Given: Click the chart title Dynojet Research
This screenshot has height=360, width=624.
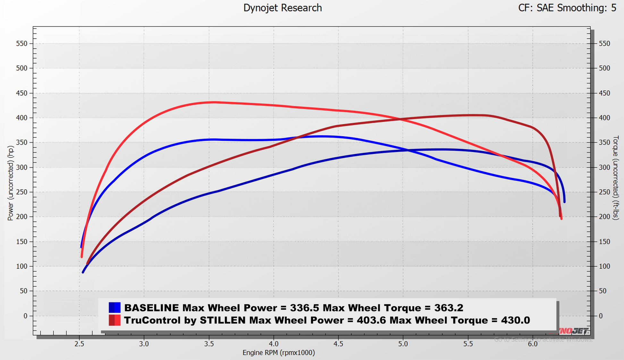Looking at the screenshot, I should coord(282,8).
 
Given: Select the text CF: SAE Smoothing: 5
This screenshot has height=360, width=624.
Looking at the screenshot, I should coord(567,8).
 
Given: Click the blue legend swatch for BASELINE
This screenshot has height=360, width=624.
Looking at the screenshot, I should coord(114,308).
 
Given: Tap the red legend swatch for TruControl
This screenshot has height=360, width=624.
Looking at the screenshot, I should coord(114,320).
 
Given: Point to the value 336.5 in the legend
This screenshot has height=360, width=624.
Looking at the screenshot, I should coord(305,308).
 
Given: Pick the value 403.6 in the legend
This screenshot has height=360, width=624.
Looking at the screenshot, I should coord(371,320).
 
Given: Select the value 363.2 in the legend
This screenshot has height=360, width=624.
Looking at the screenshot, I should coord(449,308).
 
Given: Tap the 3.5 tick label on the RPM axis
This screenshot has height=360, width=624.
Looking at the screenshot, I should coord(209,344).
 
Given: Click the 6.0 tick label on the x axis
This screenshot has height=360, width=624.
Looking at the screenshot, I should coord(533,344).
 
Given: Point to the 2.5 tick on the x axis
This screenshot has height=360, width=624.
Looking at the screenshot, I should coord(79,344).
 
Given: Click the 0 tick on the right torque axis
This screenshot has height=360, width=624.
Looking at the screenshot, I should coord(601,316).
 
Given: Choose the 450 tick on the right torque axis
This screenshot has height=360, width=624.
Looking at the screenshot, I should coord(604,93).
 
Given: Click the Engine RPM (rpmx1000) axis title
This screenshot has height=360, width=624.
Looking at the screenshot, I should coord(279,353).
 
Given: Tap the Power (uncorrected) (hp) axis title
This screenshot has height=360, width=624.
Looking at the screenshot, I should coord(10,183).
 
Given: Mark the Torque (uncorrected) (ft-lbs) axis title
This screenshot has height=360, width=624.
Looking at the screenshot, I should coord(615,178).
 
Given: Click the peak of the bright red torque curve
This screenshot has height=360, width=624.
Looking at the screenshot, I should coord(213,102).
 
